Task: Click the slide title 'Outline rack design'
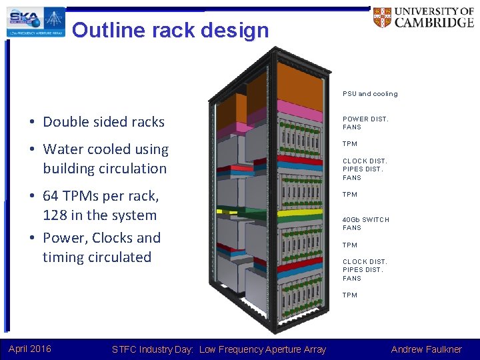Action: tap(170, 30)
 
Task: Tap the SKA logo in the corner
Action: tap(37, 21)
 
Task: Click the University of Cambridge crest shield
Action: tap(383, 18)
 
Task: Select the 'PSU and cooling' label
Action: tap(370, 94)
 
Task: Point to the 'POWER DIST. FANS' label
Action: tap(365, 123)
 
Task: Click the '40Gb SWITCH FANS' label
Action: tap(365, 223)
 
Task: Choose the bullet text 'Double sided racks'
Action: tap(103, 122)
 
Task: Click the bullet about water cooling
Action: tap(105, 159)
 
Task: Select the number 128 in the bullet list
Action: tap(56, 215)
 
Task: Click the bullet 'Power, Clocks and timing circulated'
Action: tap(101, 247)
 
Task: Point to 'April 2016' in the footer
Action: tap(29, 349)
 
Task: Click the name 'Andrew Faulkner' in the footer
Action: tap(426, 349)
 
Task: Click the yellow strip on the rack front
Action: tap(299, 214)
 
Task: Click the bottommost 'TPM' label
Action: tap(350, 295)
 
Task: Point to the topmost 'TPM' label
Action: tap(350, 144)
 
